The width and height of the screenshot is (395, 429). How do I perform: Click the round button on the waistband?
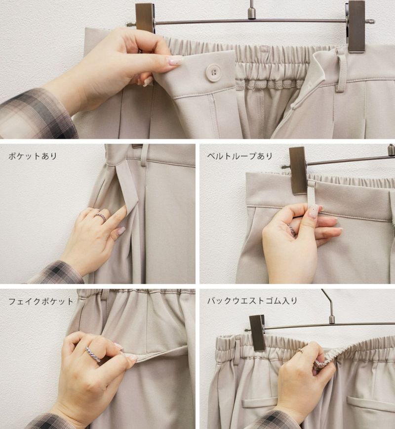click(x=213, y=73)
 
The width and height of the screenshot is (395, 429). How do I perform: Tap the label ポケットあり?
click(x=33, y=156)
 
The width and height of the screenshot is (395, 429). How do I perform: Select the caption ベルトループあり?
click(x=240, y=156)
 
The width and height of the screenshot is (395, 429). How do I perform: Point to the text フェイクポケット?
click(x=41, y=301)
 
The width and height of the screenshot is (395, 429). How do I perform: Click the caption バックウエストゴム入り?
click(x=252, y=301)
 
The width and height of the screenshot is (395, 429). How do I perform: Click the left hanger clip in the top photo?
click(x=145, y=18)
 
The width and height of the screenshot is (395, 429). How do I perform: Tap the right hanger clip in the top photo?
click(x=356, y=27)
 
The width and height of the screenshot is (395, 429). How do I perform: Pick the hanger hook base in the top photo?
click(x=251, y=13)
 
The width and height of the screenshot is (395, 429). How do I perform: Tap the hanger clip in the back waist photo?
click(x=257, y=333)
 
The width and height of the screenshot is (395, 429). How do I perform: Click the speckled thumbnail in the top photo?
click(x=175, y=60)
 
